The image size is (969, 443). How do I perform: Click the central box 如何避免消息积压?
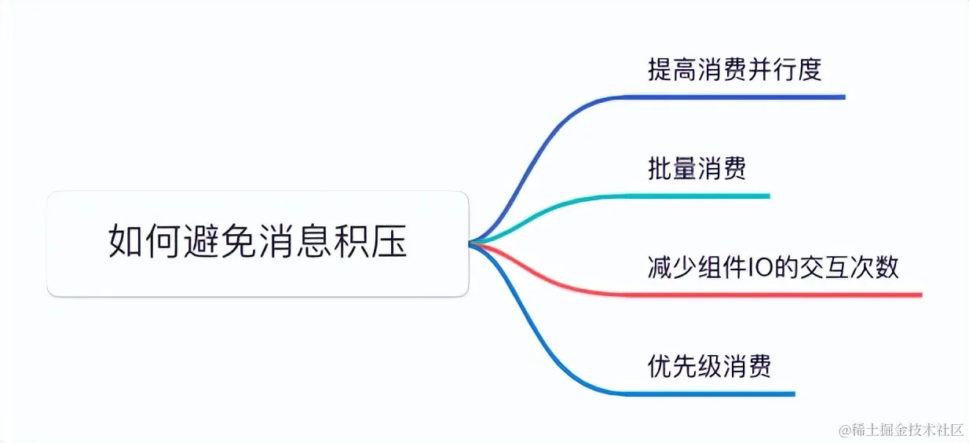pyautogui.click(x=258, y=243)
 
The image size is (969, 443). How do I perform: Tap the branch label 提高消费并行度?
pyautogui.click(x=734, y=70)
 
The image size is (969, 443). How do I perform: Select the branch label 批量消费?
pyautogui.click(x=697, y=168)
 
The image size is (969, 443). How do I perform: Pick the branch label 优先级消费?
pyautogui.click(x=709, y=366)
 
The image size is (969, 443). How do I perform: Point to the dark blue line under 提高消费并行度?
pyautogui.click(x=730, y=97)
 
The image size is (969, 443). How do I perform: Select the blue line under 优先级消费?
pyautogui.click(x=707, y=394)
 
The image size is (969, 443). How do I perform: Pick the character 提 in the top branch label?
pyautogui.click(x=660, y=70)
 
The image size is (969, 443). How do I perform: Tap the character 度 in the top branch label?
pyautogui.click(x=810, y=70)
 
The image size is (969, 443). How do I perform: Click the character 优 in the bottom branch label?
pyautogui.click(x=660, y=366)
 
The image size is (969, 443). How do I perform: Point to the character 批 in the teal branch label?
pyautogui.click(x=660, y=168)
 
